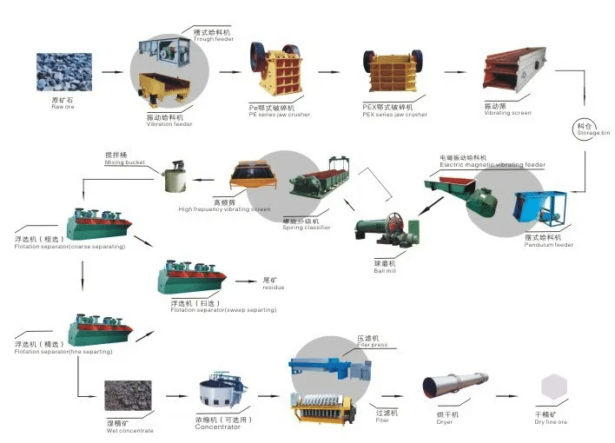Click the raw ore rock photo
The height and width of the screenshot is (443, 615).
pyautogui.click(x=63, y=72)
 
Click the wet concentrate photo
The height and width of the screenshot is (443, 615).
pyautogui.click(x=128, y=396)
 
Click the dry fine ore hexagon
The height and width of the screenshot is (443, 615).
pyautogui.click(x=553, y=388)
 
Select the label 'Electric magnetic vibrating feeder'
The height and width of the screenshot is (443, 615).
pyautogui.click(x=493, y=163)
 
